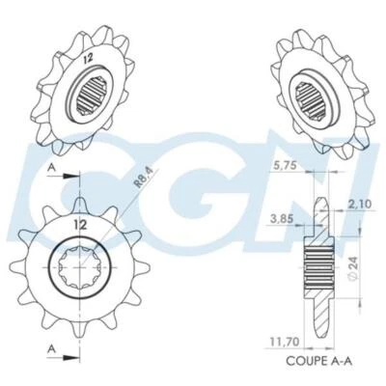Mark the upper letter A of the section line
tap(51, 166)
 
